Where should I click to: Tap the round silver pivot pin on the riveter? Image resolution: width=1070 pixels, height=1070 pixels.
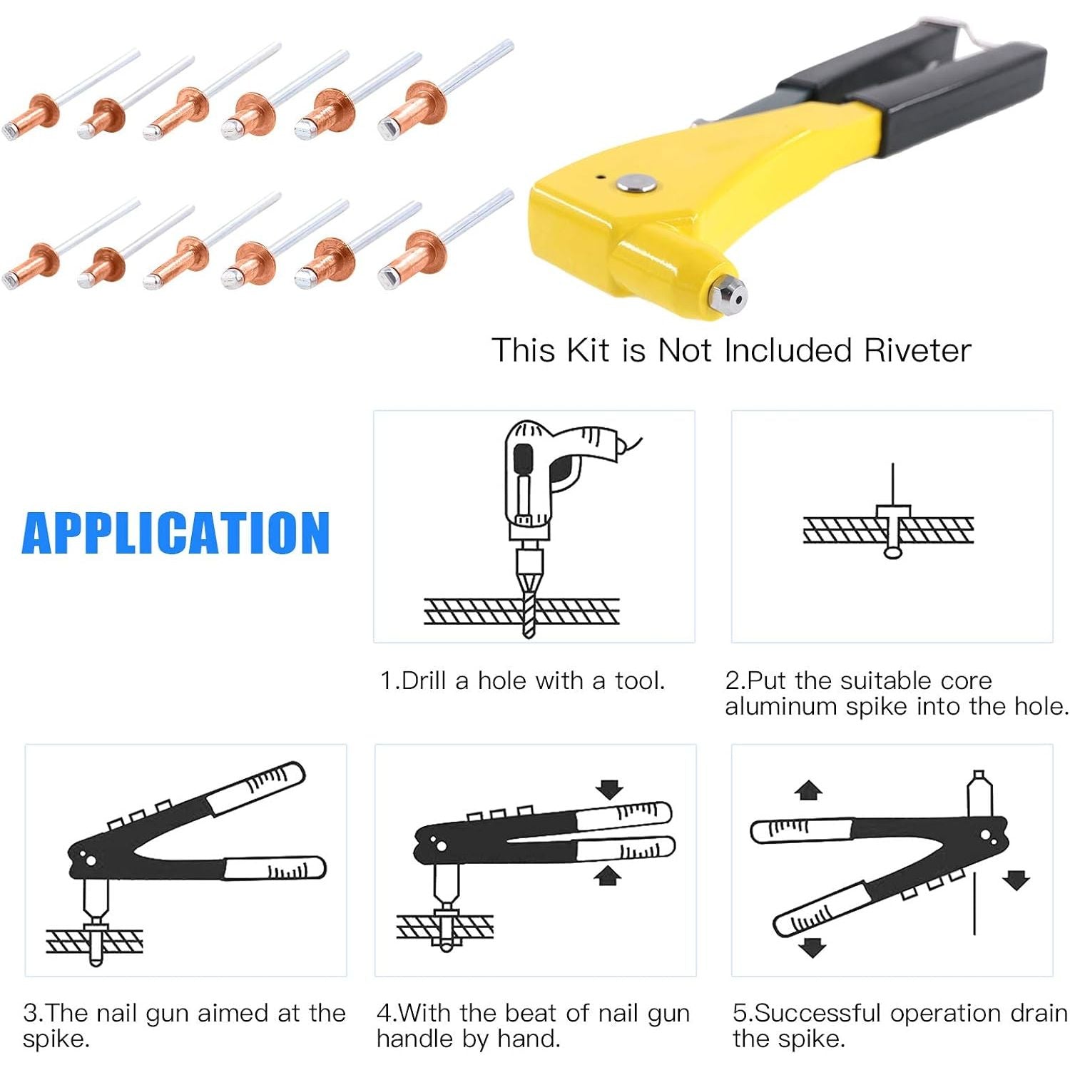[x=637, y=183]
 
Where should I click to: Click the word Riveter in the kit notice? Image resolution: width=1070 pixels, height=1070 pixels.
[x=917, y=351]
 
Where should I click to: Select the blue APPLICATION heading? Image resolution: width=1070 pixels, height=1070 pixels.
[x=175, y=533]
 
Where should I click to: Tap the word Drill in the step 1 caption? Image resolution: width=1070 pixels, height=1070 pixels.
[x=424, y=681]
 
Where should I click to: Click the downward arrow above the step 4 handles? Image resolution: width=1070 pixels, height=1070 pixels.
[x=609, y=789]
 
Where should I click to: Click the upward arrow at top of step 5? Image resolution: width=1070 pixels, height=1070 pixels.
[x=808, y=790]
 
